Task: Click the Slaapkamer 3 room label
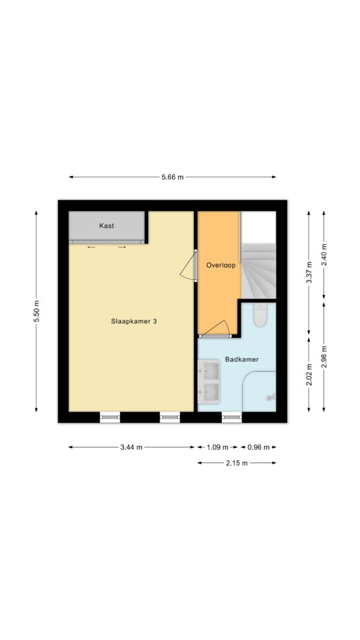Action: tap(134, 321)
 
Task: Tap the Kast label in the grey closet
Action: tap(107, 226)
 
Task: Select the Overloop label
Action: tap(221, 265)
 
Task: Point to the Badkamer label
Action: tap(242, 360)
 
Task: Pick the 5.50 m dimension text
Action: tap(37, 311)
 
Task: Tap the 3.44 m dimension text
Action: tap(131, 447)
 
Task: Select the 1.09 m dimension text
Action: tap(217, 447)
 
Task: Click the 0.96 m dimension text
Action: tap(259, 447)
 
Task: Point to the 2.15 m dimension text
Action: tap(237, 463)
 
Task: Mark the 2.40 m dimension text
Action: tap(324, 255)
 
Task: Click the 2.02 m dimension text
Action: tap(309, 375)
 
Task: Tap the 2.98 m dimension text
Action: tap(324, 357)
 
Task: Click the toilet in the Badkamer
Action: tap(260, 315)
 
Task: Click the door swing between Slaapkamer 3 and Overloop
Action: tap(188, 266)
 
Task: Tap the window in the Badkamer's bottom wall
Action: tap(232, 417)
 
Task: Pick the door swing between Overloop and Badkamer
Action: tap(215, 329)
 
